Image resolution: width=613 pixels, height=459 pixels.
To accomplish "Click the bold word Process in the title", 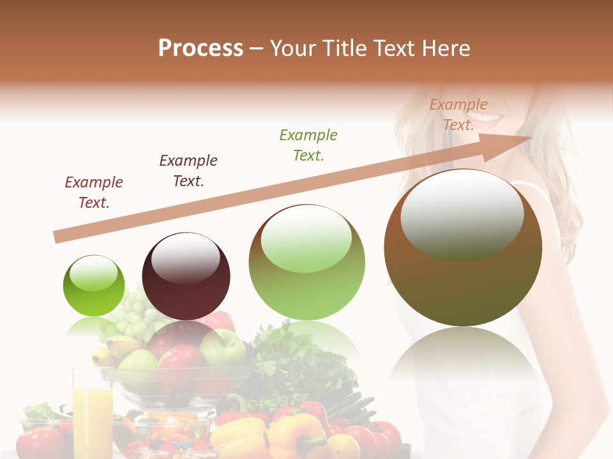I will [201, 48].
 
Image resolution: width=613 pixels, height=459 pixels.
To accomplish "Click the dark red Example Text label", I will [94, 193].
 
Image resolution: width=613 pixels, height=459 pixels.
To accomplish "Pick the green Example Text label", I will [308, 145].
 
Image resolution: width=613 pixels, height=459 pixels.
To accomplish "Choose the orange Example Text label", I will [458, 115].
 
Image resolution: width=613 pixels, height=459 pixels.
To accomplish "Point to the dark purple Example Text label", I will [188, 170].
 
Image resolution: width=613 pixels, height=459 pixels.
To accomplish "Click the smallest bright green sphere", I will [94, 286].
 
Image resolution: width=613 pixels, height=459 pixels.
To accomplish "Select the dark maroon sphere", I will [186, 277].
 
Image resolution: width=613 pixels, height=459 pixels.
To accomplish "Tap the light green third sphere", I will [306, 263].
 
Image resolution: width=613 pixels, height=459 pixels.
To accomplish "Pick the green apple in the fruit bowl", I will [222, 348].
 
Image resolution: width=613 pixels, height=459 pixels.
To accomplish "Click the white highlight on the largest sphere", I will [462, 214].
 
